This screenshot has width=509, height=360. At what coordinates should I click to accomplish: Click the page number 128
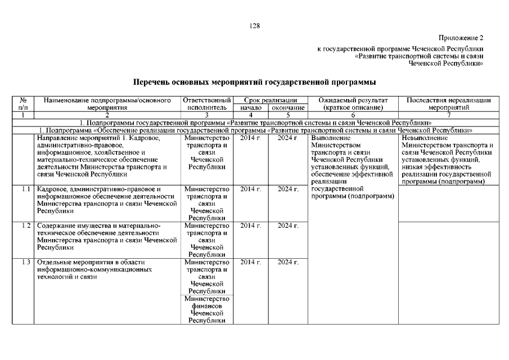(x=254, y=25)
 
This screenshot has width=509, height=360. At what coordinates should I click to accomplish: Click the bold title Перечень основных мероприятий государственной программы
(x=254, y=82)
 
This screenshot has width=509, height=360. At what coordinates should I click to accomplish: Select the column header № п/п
(x=23, y=103)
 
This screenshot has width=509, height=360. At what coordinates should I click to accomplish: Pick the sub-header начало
(x=251, y=107)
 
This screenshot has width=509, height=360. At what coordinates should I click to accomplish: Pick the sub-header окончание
(x=288, y=107)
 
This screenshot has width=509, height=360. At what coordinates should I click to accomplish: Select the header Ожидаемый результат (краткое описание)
(x=352, y=103)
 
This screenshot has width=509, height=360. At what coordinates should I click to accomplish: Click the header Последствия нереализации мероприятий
(x=448, y=103)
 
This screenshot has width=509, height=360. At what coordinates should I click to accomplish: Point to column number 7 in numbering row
(x=448, y=114)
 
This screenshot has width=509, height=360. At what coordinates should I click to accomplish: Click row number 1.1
(x=24, y=189)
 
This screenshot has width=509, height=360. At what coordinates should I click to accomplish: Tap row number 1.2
(x=24, y=226)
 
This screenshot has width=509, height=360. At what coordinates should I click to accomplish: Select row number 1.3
(x=24, y=262)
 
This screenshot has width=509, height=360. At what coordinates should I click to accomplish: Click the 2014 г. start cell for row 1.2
(x=251, y=226)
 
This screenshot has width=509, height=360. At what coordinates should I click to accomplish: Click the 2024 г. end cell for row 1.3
(x=288, y=262)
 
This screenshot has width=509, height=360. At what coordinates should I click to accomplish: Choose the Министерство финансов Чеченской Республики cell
(x=206, y=309)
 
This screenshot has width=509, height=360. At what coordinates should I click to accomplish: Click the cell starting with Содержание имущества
(x=107, y=236)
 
